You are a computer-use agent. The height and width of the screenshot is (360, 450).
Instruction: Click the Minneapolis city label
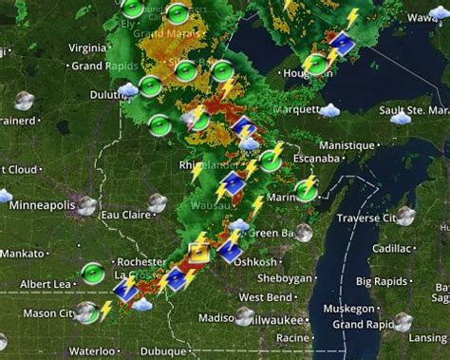[42, 204]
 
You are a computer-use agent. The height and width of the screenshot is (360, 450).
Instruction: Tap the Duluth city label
[98, 94]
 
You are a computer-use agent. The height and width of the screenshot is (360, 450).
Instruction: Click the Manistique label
[347, 144]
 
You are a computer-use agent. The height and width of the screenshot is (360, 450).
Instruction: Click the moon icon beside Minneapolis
[86, 204]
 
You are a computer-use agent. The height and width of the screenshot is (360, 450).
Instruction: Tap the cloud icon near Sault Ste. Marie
[401, 118]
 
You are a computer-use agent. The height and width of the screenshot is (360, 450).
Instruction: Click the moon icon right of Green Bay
[304, 232]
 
